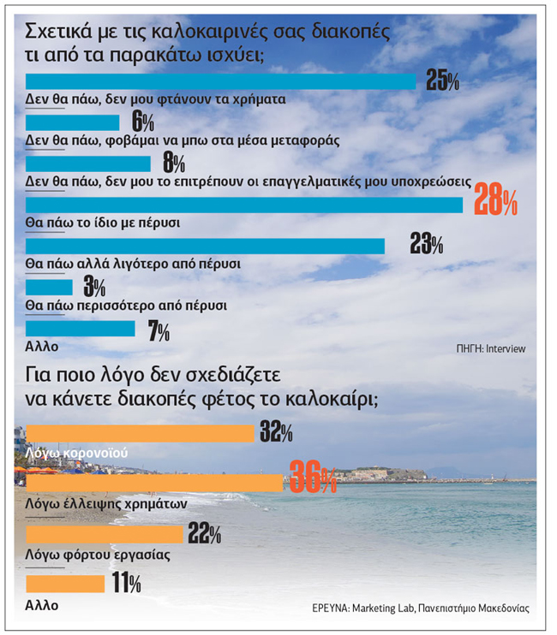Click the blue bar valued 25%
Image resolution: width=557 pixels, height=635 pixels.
click(220, 81)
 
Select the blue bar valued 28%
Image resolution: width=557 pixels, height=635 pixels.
click(244, 205)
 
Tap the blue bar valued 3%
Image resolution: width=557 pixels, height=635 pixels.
click(50, 287)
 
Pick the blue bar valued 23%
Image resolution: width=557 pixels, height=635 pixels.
click(206, 246)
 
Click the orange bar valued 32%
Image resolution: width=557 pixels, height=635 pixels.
click(141, 433)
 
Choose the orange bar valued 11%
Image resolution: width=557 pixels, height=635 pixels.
click(65, 585)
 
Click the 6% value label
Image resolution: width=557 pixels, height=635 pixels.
click(142, 122)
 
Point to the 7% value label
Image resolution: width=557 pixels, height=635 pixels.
click(158, 329)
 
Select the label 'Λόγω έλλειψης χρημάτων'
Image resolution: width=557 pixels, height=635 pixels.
click(107, 504)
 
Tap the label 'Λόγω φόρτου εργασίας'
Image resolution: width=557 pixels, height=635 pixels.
click(98, 555)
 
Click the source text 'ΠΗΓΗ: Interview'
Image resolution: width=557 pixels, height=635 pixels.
click(490, 348)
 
